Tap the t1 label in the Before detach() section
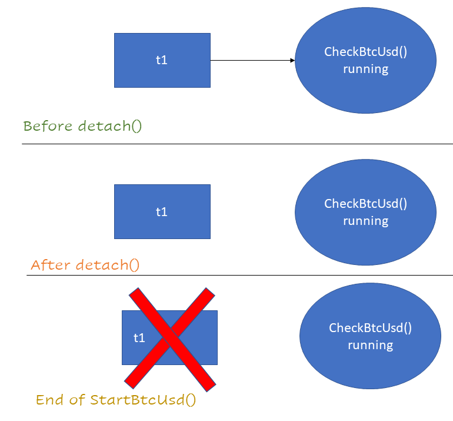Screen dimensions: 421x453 (x=162, y=59)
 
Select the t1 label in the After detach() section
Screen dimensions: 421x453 (x=162, y=211)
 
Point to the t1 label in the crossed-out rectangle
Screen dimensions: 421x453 (x=139, y=338)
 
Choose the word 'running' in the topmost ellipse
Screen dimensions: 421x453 (x=365, y=69)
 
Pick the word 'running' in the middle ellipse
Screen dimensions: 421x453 (x=365, y=221)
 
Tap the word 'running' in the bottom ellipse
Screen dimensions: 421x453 (x=370, y=345)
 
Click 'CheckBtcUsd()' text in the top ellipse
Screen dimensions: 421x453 (x=365, y=52)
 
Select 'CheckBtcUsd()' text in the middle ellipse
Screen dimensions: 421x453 (x=365, y=204)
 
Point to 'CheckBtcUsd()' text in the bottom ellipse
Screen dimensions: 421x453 (x=370, y=328)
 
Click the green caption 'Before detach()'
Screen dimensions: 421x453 (x=82, y=126)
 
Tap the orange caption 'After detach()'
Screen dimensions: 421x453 (x=85, y=265)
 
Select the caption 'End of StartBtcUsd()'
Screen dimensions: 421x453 (x=116, y=400)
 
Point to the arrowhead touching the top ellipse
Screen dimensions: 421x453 (x=292, y=60)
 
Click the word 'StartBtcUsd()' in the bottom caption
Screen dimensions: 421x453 (x=143, y=400)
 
